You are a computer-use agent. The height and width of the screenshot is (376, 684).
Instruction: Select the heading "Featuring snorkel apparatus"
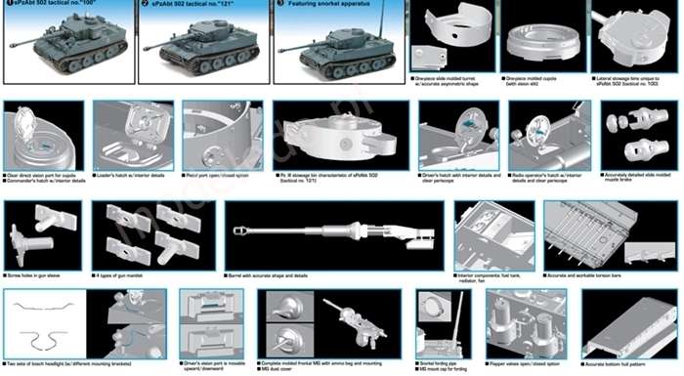click(x=327, y=5)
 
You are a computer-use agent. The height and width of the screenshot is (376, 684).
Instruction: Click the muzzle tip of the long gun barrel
click(x=235, y=230)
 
